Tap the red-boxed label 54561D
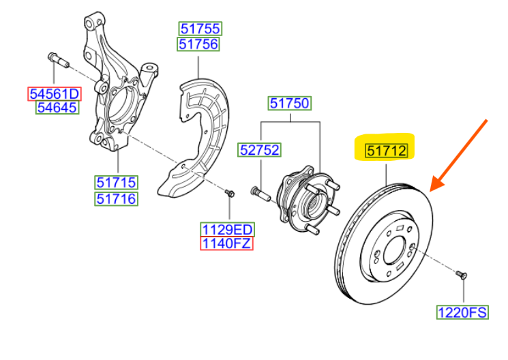[x=54, y=93]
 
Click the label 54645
[x=58, y=108]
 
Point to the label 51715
[x=116, y=183]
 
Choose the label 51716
[x=116, y=198]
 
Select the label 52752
[x=259, y=149]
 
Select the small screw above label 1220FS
[x=460, y=273]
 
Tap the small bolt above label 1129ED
[x=230, y=194]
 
